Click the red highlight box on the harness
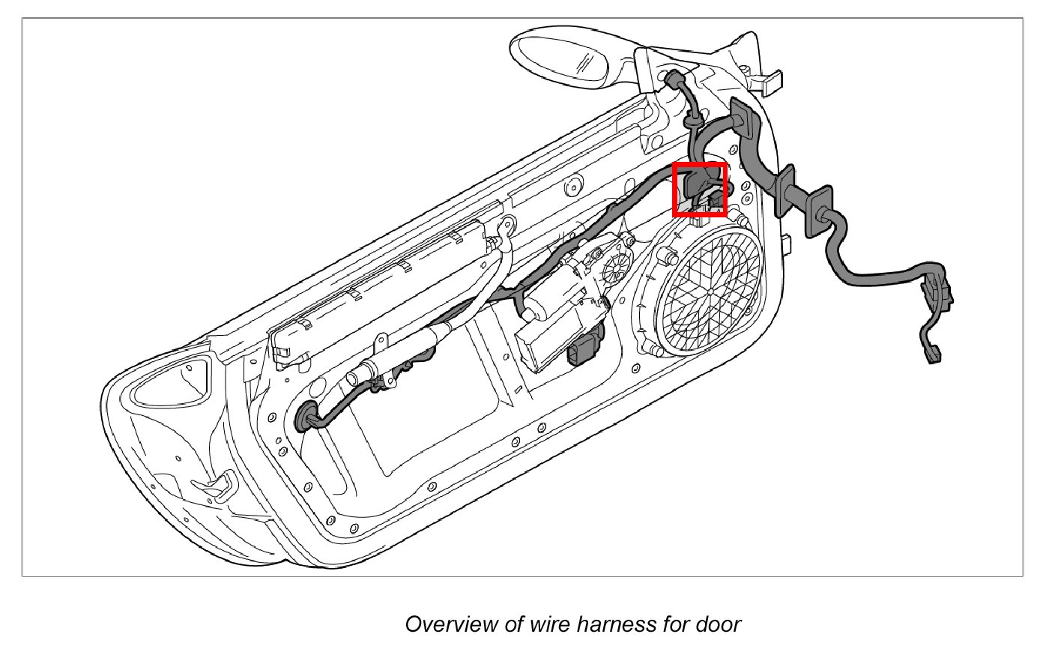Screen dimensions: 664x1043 click(x=700, y=190)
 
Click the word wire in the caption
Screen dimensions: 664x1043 click(x=553, y=624)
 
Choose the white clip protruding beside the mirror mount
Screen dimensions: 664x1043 click(x=769, y=79)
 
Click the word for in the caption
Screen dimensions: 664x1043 click(x=675, y=624)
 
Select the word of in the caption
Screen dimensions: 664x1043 click(x=514, y=624)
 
